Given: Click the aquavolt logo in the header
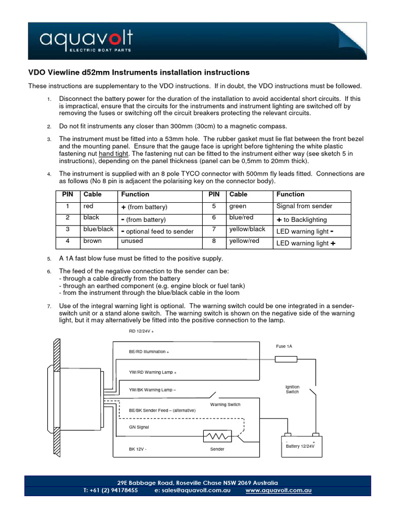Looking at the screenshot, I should [86, 40].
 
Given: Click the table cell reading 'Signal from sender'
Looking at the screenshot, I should [304, 206].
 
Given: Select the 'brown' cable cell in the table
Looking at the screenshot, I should [93, 241].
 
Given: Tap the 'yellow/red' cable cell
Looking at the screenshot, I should [244, 241].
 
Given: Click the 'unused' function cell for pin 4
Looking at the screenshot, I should [132, 241].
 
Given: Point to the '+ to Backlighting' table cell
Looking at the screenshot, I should [301, 219].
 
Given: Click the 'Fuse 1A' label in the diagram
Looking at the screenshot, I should [284, 346].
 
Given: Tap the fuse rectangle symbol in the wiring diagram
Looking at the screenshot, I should [286, 358].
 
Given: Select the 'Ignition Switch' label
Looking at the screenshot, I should [292, 389].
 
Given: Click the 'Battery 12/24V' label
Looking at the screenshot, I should [300, 446].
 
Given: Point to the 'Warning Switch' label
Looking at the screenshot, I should [225, 405].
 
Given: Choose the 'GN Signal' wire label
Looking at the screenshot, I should [139, 427].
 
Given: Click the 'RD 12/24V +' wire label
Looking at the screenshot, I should [141, 331].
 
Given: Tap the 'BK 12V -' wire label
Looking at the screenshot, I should [138, 449].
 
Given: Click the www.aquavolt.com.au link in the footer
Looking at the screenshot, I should [279, 490].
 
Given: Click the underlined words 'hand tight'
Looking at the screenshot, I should [114, 153].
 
